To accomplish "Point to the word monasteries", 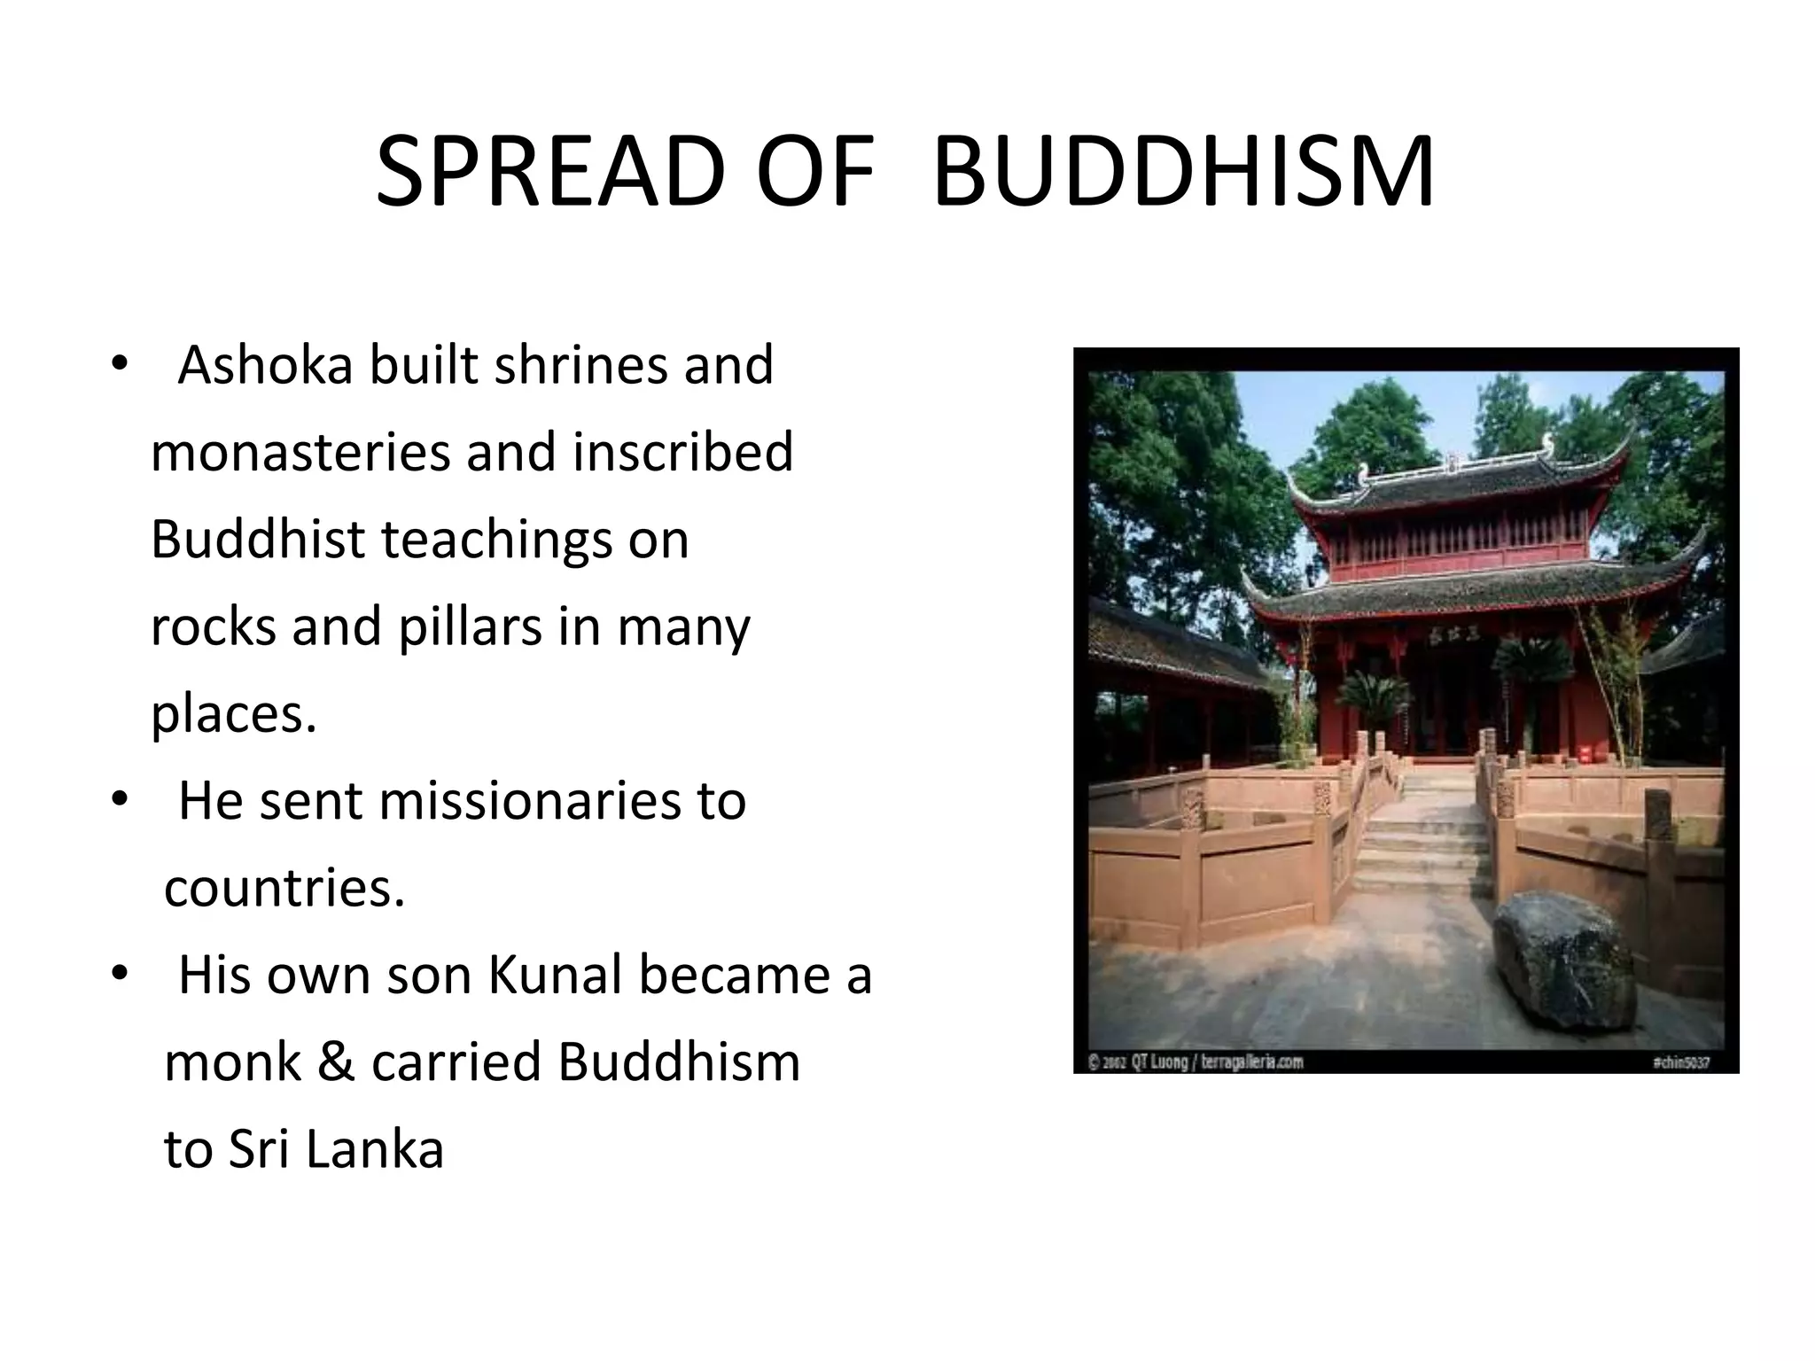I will point(300,452).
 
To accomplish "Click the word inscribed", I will point(682,452).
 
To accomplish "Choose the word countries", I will point(284,888).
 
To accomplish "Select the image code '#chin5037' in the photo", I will point(1680,1062).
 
